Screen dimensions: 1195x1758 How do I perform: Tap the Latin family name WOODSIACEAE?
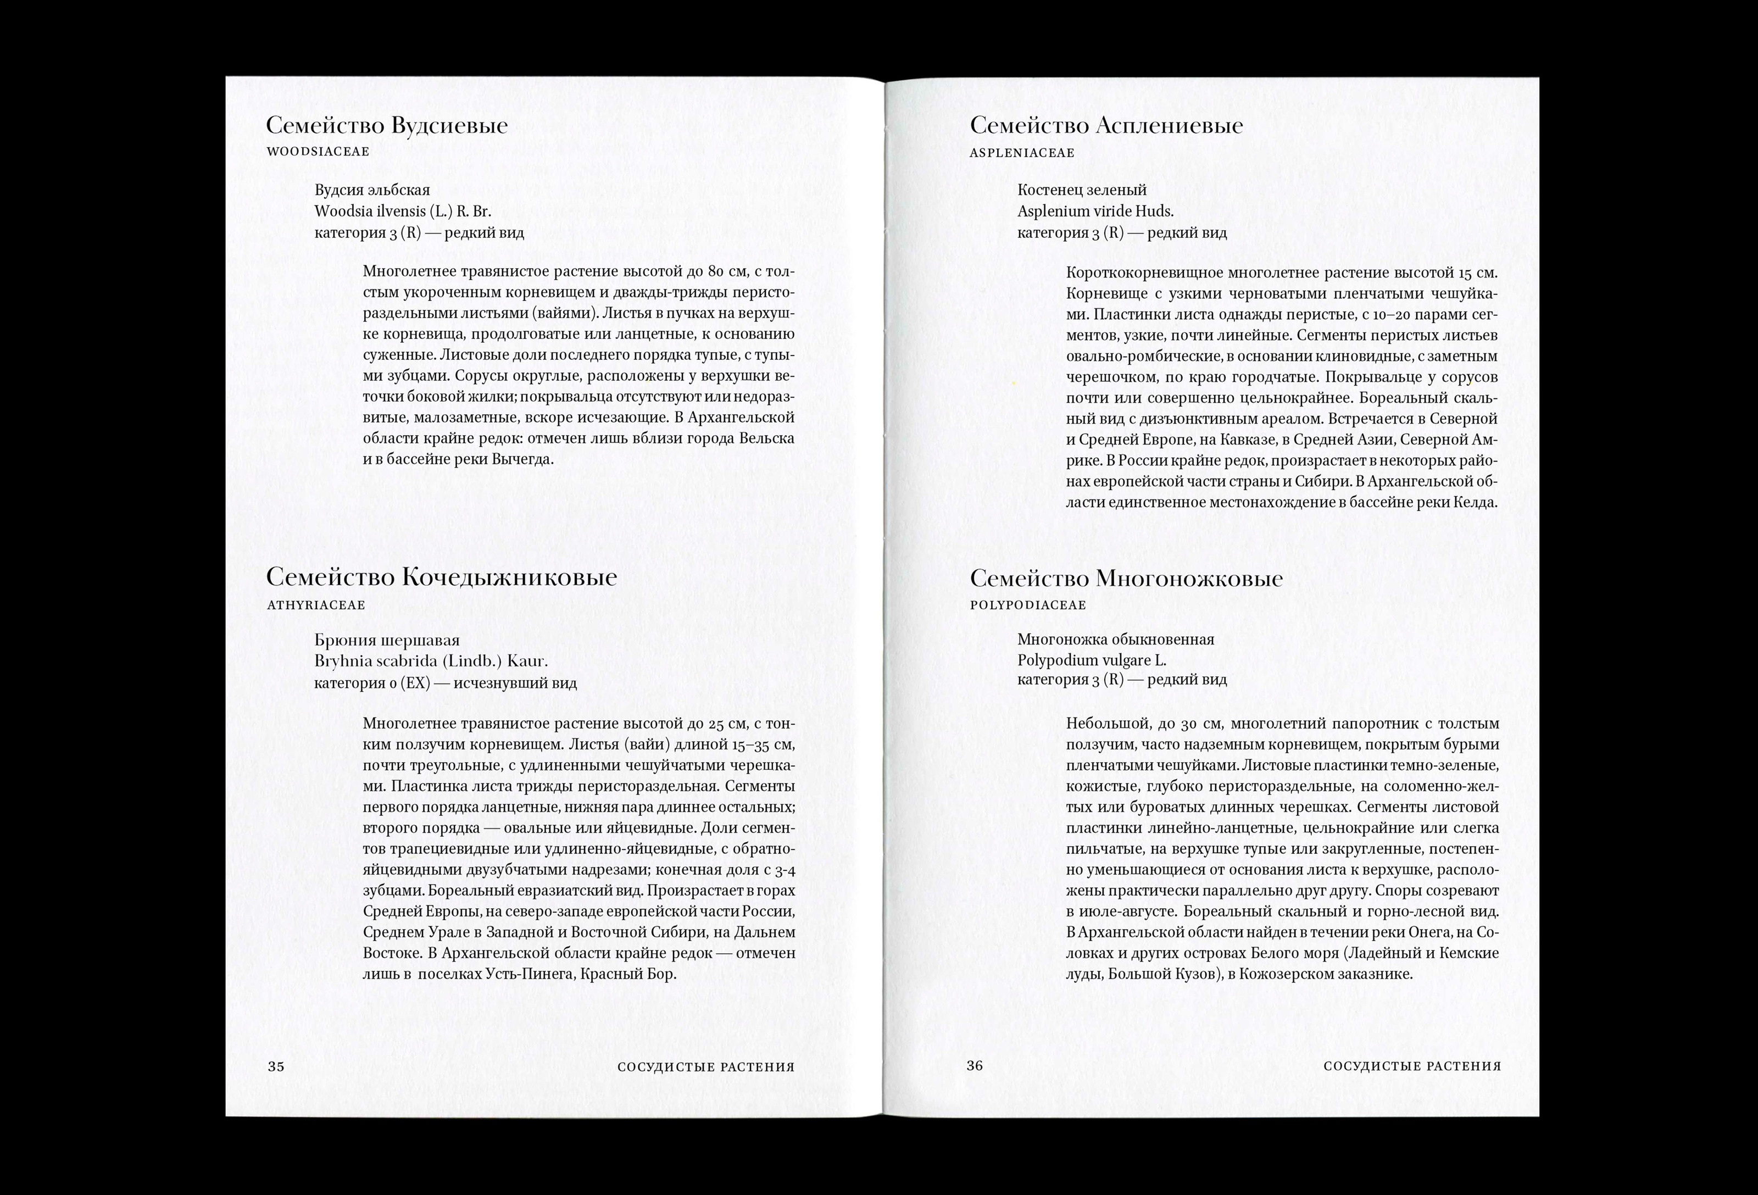coord(318,151)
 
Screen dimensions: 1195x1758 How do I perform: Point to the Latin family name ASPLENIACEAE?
coord(1021,153)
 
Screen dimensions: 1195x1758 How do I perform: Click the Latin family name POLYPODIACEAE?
coord(1027,605)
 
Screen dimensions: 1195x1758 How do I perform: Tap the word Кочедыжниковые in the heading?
coord(508,578)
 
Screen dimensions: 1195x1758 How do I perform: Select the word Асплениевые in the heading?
coord(1169,126)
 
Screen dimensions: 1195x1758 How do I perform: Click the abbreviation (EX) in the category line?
coord(415,683)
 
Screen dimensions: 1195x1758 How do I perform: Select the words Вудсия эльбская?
coord(372,190)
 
